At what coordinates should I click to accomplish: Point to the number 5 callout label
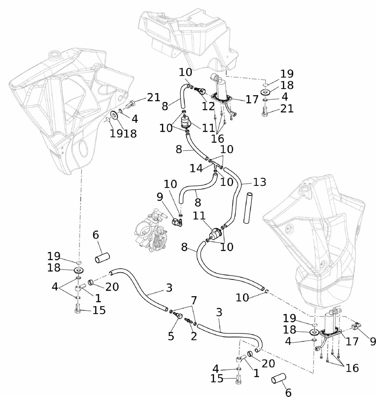point(171,336)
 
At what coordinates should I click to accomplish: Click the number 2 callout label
point(193,336)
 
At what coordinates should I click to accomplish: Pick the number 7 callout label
point(193,300)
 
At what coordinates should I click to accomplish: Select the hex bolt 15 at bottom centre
point(238,380)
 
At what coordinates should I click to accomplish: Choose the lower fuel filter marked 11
point(215,233)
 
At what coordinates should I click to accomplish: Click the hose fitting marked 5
point(179,316)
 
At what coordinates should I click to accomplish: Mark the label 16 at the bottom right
point(351,368)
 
